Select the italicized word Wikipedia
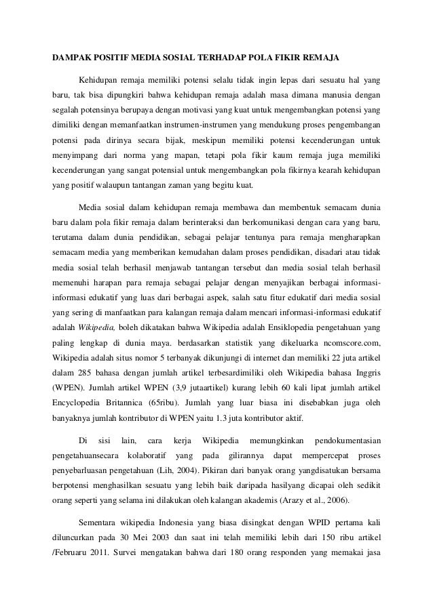(x=93, y=326)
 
